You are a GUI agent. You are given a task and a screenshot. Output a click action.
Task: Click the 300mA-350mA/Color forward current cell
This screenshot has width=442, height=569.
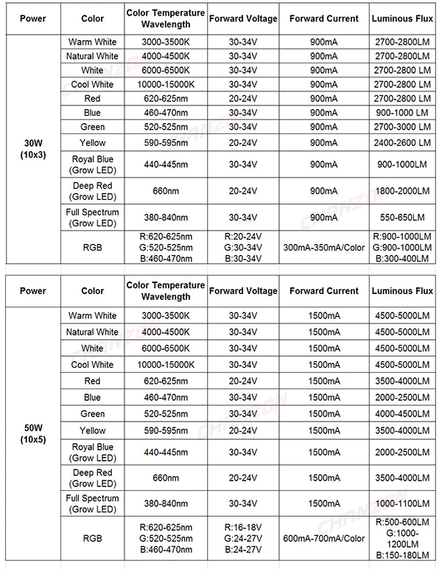[323, 247]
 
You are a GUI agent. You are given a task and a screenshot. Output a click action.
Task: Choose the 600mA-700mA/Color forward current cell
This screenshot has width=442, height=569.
[323, 539]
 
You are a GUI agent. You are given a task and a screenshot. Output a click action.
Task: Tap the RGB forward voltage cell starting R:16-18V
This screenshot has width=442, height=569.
[243, 539]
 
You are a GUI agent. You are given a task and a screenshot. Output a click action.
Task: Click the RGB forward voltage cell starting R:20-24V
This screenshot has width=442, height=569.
[243, 247]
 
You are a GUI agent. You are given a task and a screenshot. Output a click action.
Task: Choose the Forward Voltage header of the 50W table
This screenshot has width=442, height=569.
[243, 290]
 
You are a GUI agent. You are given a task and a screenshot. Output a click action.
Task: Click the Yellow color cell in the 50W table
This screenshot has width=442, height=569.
[93, 430]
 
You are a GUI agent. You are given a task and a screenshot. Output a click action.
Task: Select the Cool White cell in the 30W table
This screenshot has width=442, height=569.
[93, 84]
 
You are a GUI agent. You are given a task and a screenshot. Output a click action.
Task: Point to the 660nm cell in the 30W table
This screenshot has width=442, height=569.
[166, 191]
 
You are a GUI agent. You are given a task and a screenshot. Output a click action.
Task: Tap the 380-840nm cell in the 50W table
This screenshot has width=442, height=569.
[166, 504]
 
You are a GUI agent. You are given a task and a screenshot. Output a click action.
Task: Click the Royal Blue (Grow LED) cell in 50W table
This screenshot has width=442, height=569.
[93, 452]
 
